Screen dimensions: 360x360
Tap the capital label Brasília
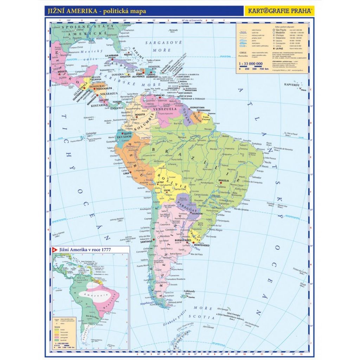pyautogui.click(x=224, y=180)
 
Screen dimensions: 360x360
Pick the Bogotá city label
pyautogui.click(x=140, y=115)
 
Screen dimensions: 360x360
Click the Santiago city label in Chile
pyautogui.click(x=146, y=242)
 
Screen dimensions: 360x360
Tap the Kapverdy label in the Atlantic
pyautogui.click(x=293, y=85)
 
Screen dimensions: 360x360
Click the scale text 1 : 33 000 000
pyautogui.click(x=251, y=64)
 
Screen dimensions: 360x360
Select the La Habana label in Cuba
pyautogui.click(x=111, y=56)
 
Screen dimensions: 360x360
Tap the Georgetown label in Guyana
pyautogui.click(x=197, y=107)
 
